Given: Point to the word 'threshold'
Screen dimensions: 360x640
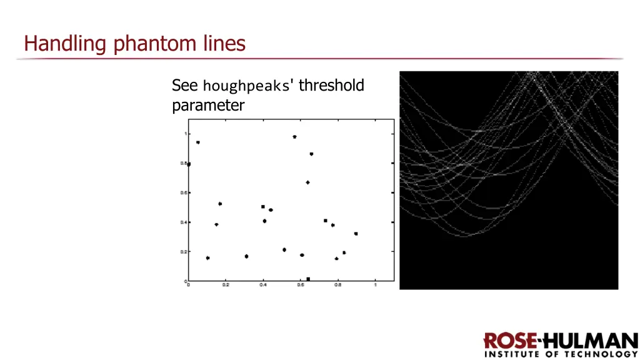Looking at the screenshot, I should click(x=331, y=85).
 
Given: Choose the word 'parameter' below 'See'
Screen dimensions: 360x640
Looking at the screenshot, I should click(x=208, y=105).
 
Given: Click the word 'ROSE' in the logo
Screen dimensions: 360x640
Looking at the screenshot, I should click(x=509, y=342).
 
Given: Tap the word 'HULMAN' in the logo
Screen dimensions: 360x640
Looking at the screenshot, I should click(x=589, y=342).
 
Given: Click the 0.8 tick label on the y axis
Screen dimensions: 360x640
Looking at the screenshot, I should click(x=184, y=163).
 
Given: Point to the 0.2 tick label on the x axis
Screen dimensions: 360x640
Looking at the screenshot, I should click(x=226, y=285).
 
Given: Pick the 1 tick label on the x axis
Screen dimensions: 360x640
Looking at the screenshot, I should click(x=376, y=285).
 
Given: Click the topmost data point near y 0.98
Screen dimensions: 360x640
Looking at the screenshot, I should click(x=294, y=137).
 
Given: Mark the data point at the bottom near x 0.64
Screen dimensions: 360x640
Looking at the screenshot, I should click(x=308, y=279).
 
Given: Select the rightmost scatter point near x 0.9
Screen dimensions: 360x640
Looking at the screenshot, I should click(x=356, y=234).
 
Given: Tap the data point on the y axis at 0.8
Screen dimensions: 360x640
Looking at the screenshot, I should click(x=189, y=164).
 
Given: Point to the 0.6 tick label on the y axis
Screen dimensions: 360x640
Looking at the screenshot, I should click(x=184, y=192).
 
